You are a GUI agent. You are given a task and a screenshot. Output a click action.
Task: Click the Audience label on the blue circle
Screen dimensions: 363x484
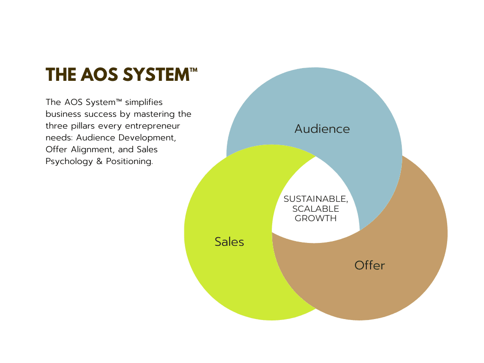322,129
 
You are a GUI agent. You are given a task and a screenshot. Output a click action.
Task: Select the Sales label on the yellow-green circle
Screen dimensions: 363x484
229,242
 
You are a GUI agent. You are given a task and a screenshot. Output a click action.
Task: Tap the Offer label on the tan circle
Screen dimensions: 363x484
370,265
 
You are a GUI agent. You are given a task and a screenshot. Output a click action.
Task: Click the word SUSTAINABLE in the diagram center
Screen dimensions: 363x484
315,199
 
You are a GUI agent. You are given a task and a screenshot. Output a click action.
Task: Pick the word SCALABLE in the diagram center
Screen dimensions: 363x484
315,208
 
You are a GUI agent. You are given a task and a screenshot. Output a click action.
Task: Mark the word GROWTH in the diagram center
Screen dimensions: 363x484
315,218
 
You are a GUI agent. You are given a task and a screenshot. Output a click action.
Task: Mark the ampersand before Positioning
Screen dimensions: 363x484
99,162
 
